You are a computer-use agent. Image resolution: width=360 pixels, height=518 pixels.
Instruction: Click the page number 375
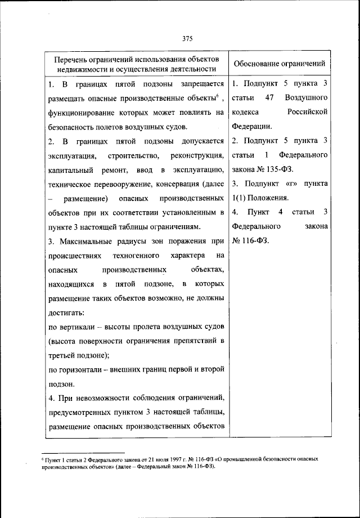(x=188, y=38)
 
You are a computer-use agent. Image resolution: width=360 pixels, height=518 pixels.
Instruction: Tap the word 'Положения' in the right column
(x=264, y=198)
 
